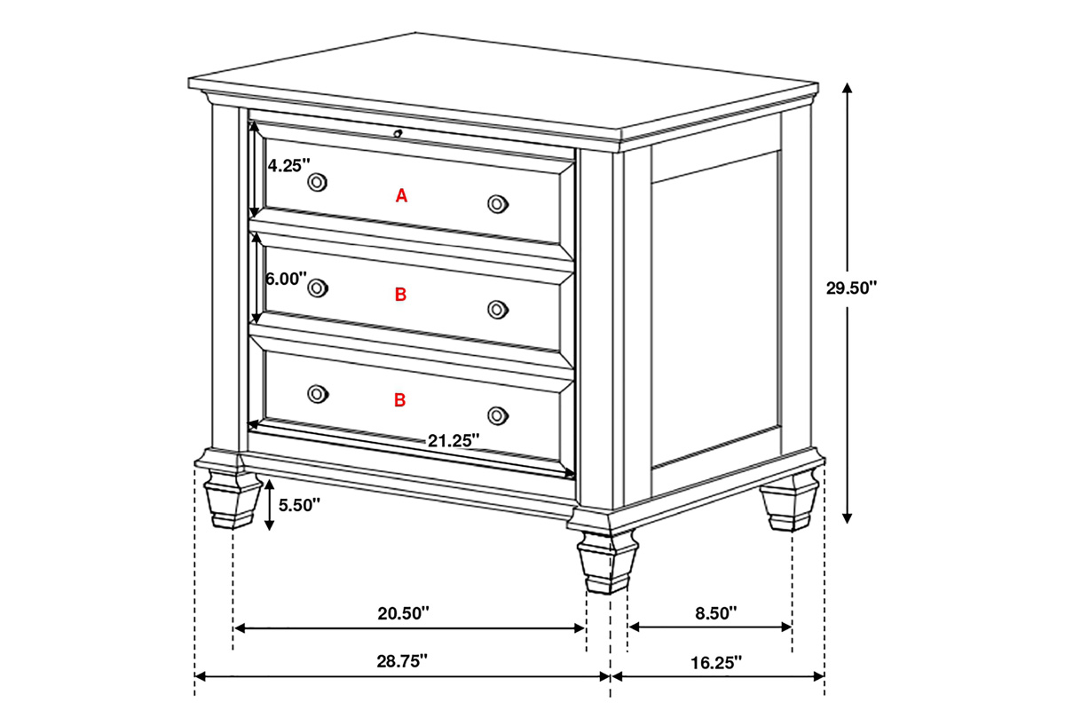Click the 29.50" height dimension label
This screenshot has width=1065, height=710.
[851, 288]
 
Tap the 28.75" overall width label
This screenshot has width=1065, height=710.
[402, 661]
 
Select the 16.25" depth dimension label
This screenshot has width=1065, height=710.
[716, 662]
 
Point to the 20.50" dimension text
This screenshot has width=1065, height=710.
[403, 613]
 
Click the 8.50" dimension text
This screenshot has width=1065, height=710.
[716, 613]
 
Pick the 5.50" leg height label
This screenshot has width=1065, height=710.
[299, 505]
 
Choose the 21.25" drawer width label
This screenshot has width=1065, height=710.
[454, 441]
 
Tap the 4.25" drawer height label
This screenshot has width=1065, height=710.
[288, 165]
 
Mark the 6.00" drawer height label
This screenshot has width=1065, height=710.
[286, 279]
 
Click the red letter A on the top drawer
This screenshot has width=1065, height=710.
[401, 195]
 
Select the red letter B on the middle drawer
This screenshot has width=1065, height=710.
[401, 295]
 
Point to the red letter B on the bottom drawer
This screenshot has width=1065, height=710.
[400, 400]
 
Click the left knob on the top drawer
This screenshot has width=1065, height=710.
[317, 182]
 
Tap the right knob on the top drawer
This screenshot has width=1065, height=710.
[497, 204]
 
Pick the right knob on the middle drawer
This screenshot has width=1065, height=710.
[497, 310]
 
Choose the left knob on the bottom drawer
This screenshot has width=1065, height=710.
[317, 394]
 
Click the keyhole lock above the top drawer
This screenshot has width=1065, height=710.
[398, 134]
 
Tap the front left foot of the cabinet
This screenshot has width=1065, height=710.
[232, 500]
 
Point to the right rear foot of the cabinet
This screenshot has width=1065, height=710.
[789, 501]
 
